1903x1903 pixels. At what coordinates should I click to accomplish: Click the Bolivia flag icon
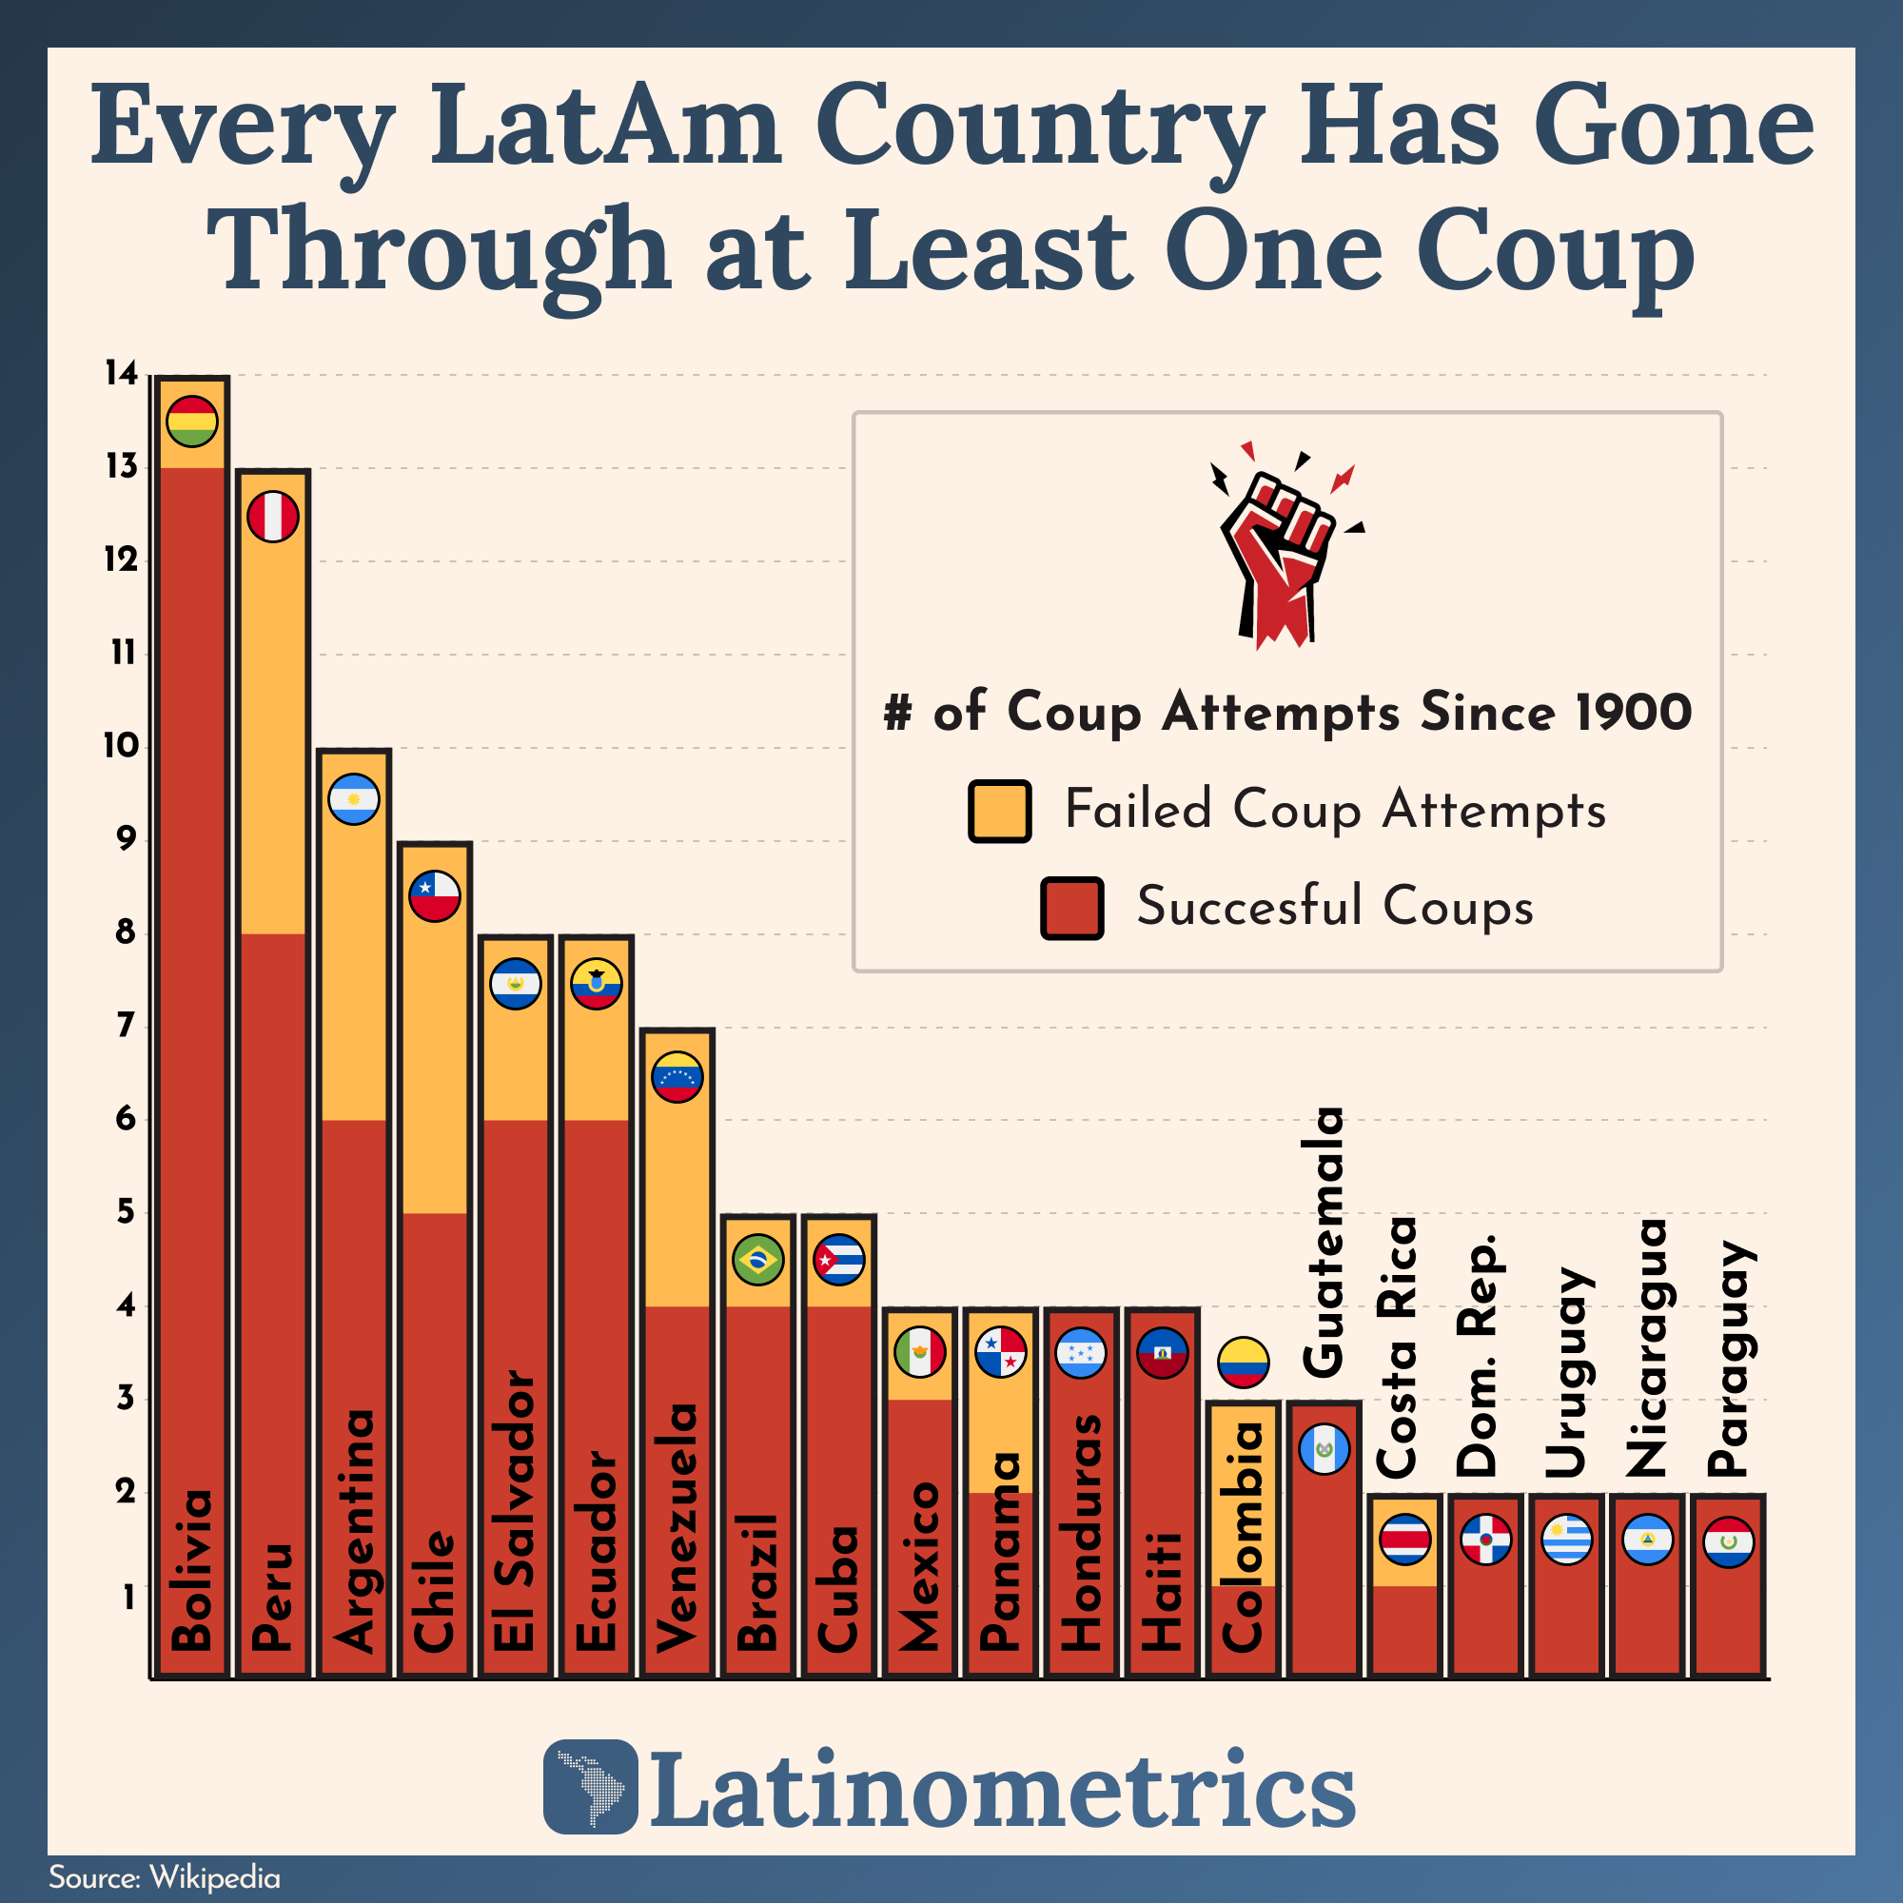click(192, 422)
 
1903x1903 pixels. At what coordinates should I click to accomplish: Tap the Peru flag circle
click(273, 516)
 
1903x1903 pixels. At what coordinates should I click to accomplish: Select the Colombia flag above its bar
click(1243, 1363)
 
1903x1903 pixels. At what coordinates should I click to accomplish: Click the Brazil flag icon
click(758, 1260)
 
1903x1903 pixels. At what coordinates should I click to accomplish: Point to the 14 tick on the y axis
click(122, 373)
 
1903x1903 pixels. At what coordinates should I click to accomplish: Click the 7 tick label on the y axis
click(125, 1027)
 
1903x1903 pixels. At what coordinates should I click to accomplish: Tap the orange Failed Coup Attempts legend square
click(999, 812)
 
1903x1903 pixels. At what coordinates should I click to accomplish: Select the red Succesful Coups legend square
click(1071, 907)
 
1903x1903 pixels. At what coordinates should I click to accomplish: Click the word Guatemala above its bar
click(1323, 1241)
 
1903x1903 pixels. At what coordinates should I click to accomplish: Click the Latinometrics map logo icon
click(591, 1786)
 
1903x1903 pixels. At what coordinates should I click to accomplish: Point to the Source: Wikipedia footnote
click(165, 1877)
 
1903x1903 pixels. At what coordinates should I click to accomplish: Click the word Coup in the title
click(1556, 251)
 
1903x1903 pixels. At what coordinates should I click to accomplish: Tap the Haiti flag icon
click(1163, 1352)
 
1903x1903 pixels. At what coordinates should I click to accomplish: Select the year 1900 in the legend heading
click(1632, 711)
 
